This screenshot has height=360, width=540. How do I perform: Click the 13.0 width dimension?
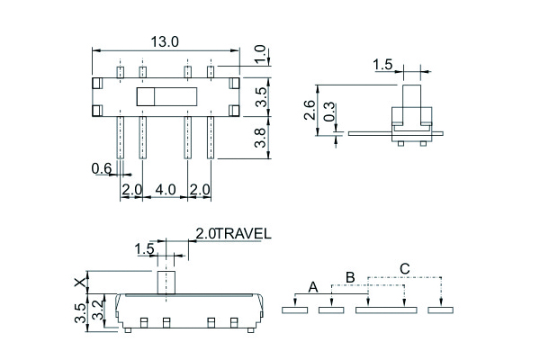[x=165, y=42]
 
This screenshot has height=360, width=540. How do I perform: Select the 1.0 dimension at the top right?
[x=260, y=54]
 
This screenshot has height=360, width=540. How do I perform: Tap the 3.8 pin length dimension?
[x=260, y=138]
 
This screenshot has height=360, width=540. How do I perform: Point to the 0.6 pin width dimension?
[x=102, y=169]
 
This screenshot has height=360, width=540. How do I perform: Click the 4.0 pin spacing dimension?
[x=166, y=190]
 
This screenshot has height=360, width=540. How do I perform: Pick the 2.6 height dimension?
[x=310, y=110]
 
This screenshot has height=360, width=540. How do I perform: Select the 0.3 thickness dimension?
[x=329, y=112]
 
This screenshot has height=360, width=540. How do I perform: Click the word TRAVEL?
[x=244, y=234]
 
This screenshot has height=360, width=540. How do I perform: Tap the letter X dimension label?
[x=80, y=283]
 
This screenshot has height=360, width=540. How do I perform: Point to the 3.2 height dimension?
[x=98, y=310]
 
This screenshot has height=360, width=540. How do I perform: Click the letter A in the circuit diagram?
[x=312, y=287]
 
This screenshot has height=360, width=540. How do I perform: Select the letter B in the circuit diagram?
[x=350, y=277]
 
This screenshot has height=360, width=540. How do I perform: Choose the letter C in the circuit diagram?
[x=405, y=269]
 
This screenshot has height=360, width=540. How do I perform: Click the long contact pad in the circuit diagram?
[x=386, y=310]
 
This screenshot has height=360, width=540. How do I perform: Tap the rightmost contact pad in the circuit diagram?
[x=440, y=310]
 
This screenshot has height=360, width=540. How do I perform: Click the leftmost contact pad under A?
[x=295, y=310]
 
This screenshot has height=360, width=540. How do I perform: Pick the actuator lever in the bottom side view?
[x=166, y=283]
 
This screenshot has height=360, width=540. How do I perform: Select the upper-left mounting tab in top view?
[x=97, y=83]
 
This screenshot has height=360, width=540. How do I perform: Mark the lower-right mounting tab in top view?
[x=234, y=111]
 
